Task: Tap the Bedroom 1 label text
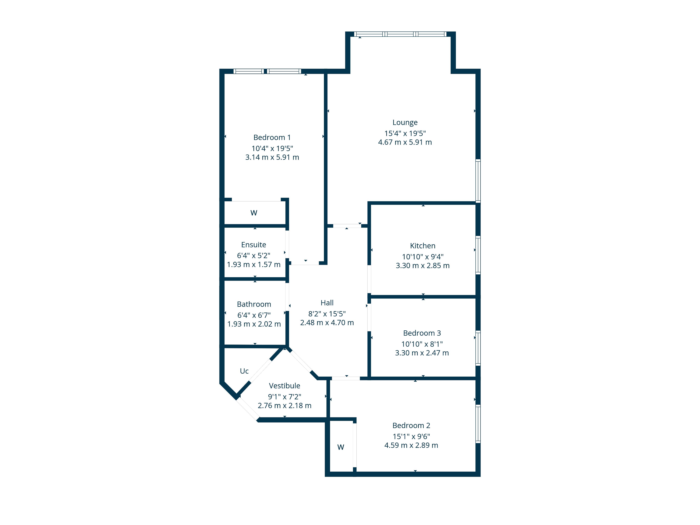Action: click(x=272, y=137)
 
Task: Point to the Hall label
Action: click(x=327, y=303)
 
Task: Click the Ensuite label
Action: click(x=253, y=245)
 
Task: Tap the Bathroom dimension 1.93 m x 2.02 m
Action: click(x=254, y=324)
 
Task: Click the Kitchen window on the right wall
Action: click(x=478, y=255)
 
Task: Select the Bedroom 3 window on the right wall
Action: click(x=478, y=348)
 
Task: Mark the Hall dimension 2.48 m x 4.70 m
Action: click(x=327, y=323)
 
